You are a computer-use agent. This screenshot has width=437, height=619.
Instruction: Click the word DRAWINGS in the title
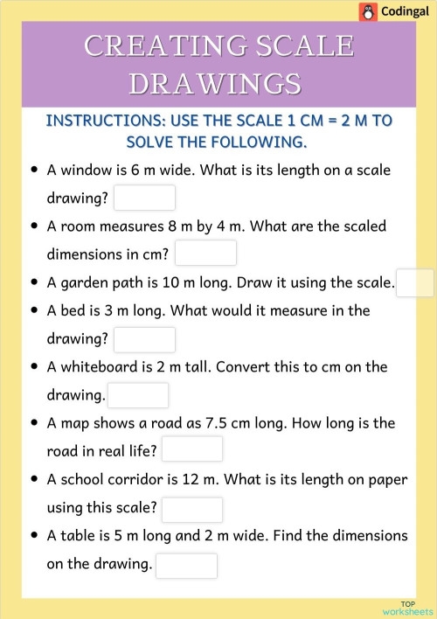218,82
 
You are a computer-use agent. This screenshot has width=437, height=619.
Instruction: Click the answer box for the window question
144,198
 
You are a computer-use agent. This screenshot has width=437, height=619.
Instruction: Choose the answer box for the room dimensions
205,254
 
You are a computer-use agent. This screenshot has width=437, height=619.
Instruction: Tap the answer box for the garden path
414,282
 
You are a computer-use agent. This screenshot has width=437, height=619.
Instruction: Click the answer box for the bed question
144,339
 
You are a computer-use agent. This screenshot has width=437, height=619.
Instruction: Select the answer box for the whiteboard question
137,395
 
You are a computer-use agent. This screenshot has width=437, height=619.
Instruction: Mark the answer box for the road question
192,450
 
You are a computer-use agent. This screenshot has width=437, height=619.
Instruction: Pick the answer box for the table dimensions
186,565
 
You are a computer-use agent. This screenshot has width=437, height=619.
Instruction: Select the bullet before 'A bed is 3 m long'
33,311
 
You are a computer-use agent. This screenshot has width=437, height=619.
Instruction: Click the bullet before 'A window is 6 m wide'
33,170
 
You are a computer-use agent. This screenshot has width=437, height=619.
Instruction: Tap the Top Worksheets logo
407,608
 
